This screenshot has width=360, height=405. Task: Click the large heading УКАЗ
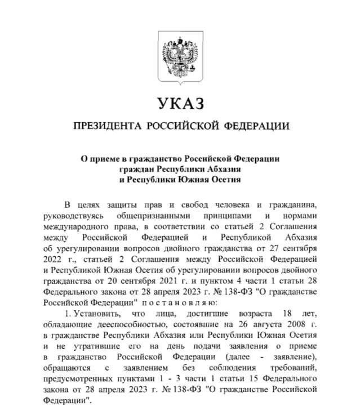pos(179,104)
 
